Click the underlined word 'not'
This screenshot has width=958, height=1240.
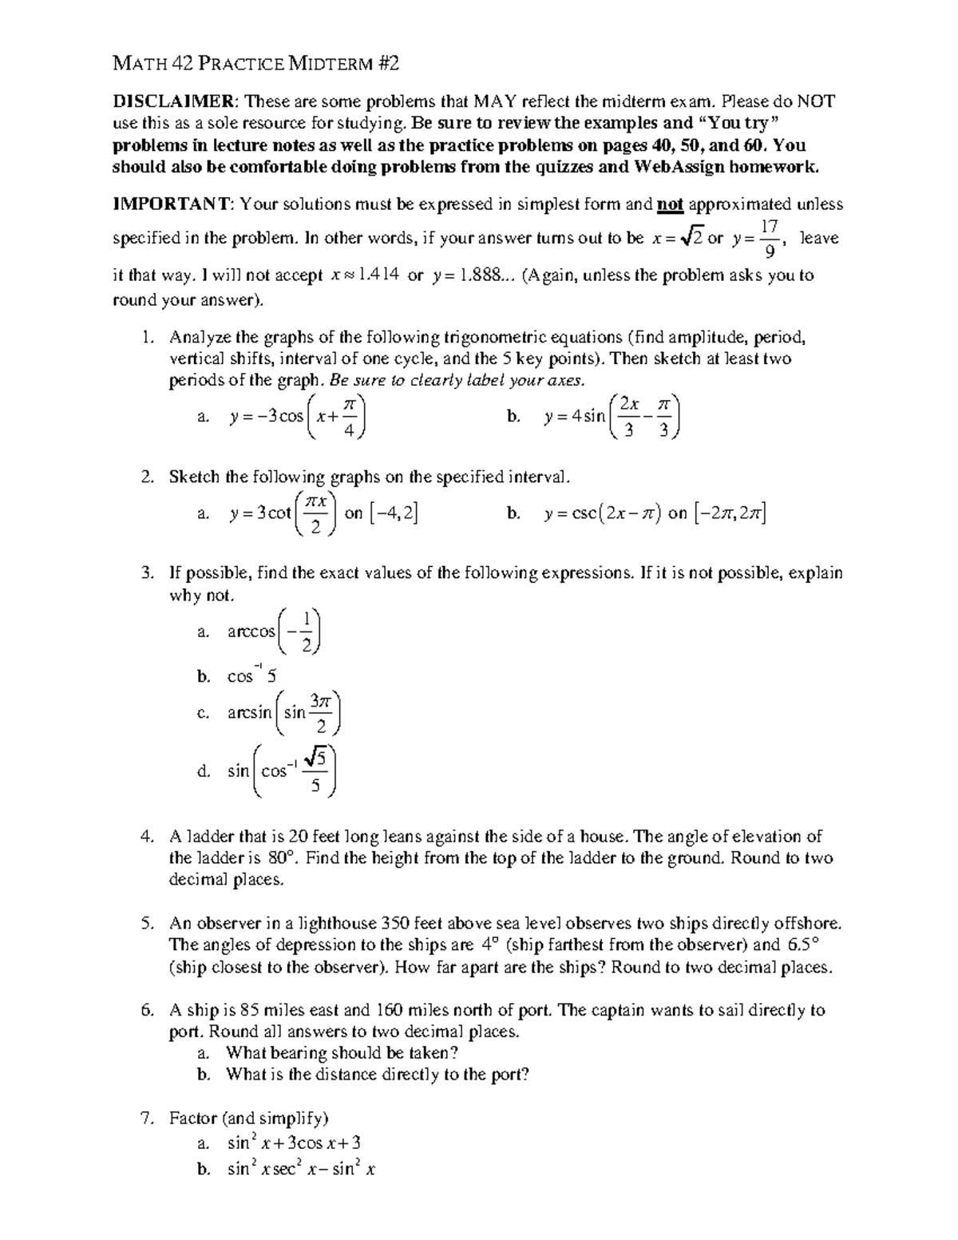pyautogui.click(x=669, y=204)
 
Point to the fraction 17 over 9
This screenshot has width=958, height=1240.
pyautogui.click(x=770, y=239)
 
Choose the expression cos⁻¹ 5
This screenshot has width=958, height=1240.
pyautogui.click(x=251, y=676)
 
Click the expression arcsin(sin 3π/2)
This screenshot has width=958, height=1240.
pyautogui.click(x=284, y=713)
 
